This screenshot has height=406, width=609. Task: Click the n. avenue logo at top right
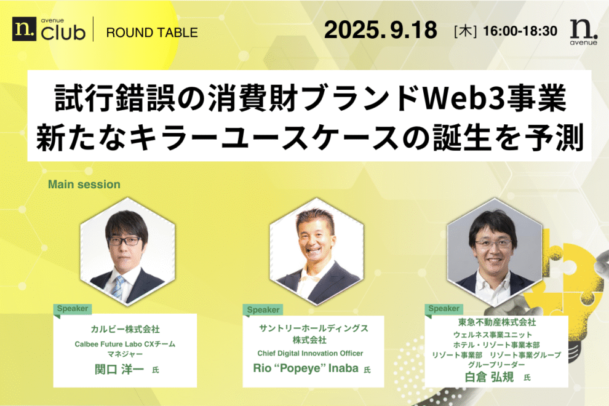click(581, 31)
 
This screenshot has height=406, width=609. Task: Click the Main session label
click(84, 184)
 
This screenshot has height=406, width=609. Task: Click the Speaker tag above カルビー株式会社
click(73, 308)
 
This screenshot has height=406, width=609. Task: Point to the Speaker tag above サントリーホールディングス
click(263, 310)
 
